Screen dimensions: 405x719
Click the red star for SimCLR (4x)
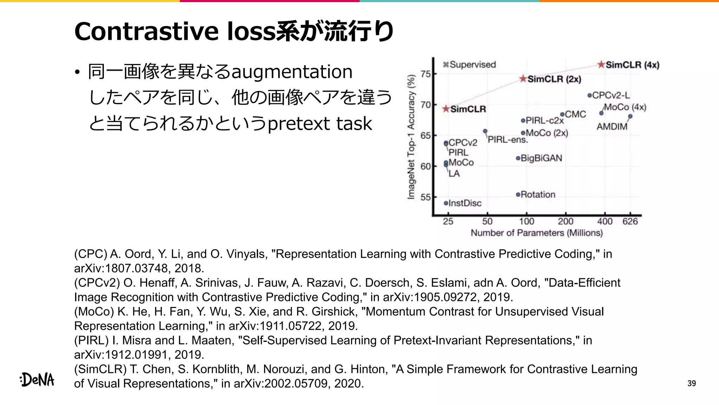click(601, 65)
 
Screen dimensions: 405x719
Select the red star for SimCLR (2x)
click(523, 79)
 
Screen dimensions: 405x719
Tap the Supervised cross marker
click(446, 64)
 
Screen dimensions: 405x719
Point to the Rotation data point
click(518, 194)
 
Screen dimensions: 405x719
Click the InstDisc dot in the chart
click(446, 203)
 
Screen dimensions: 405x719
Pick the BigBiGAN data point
click(518, 158)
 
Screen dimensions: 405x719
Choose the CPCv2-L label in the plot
click(611, 95)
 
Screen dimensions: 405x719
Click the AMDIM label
click(612, 127)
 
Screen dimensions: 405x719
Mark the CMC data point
click(562, 114)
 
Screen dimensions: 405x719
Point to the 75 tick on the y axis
click(426, 74)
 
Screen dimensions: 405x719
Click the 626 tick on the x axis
click(630, 221)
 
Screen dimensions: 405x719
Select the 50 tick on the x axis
click(487, 221)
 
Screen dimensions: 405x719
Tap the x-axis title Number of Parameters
click(536, 233)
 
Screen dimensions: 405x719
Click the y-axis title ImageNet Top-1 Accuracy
click(411, 137)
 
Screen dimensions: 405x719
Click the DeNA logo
click(37, 380)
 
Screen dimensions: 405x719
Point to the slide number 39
click(691, 383)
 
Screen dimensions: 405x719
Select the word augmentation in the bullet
click(292, 72)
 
